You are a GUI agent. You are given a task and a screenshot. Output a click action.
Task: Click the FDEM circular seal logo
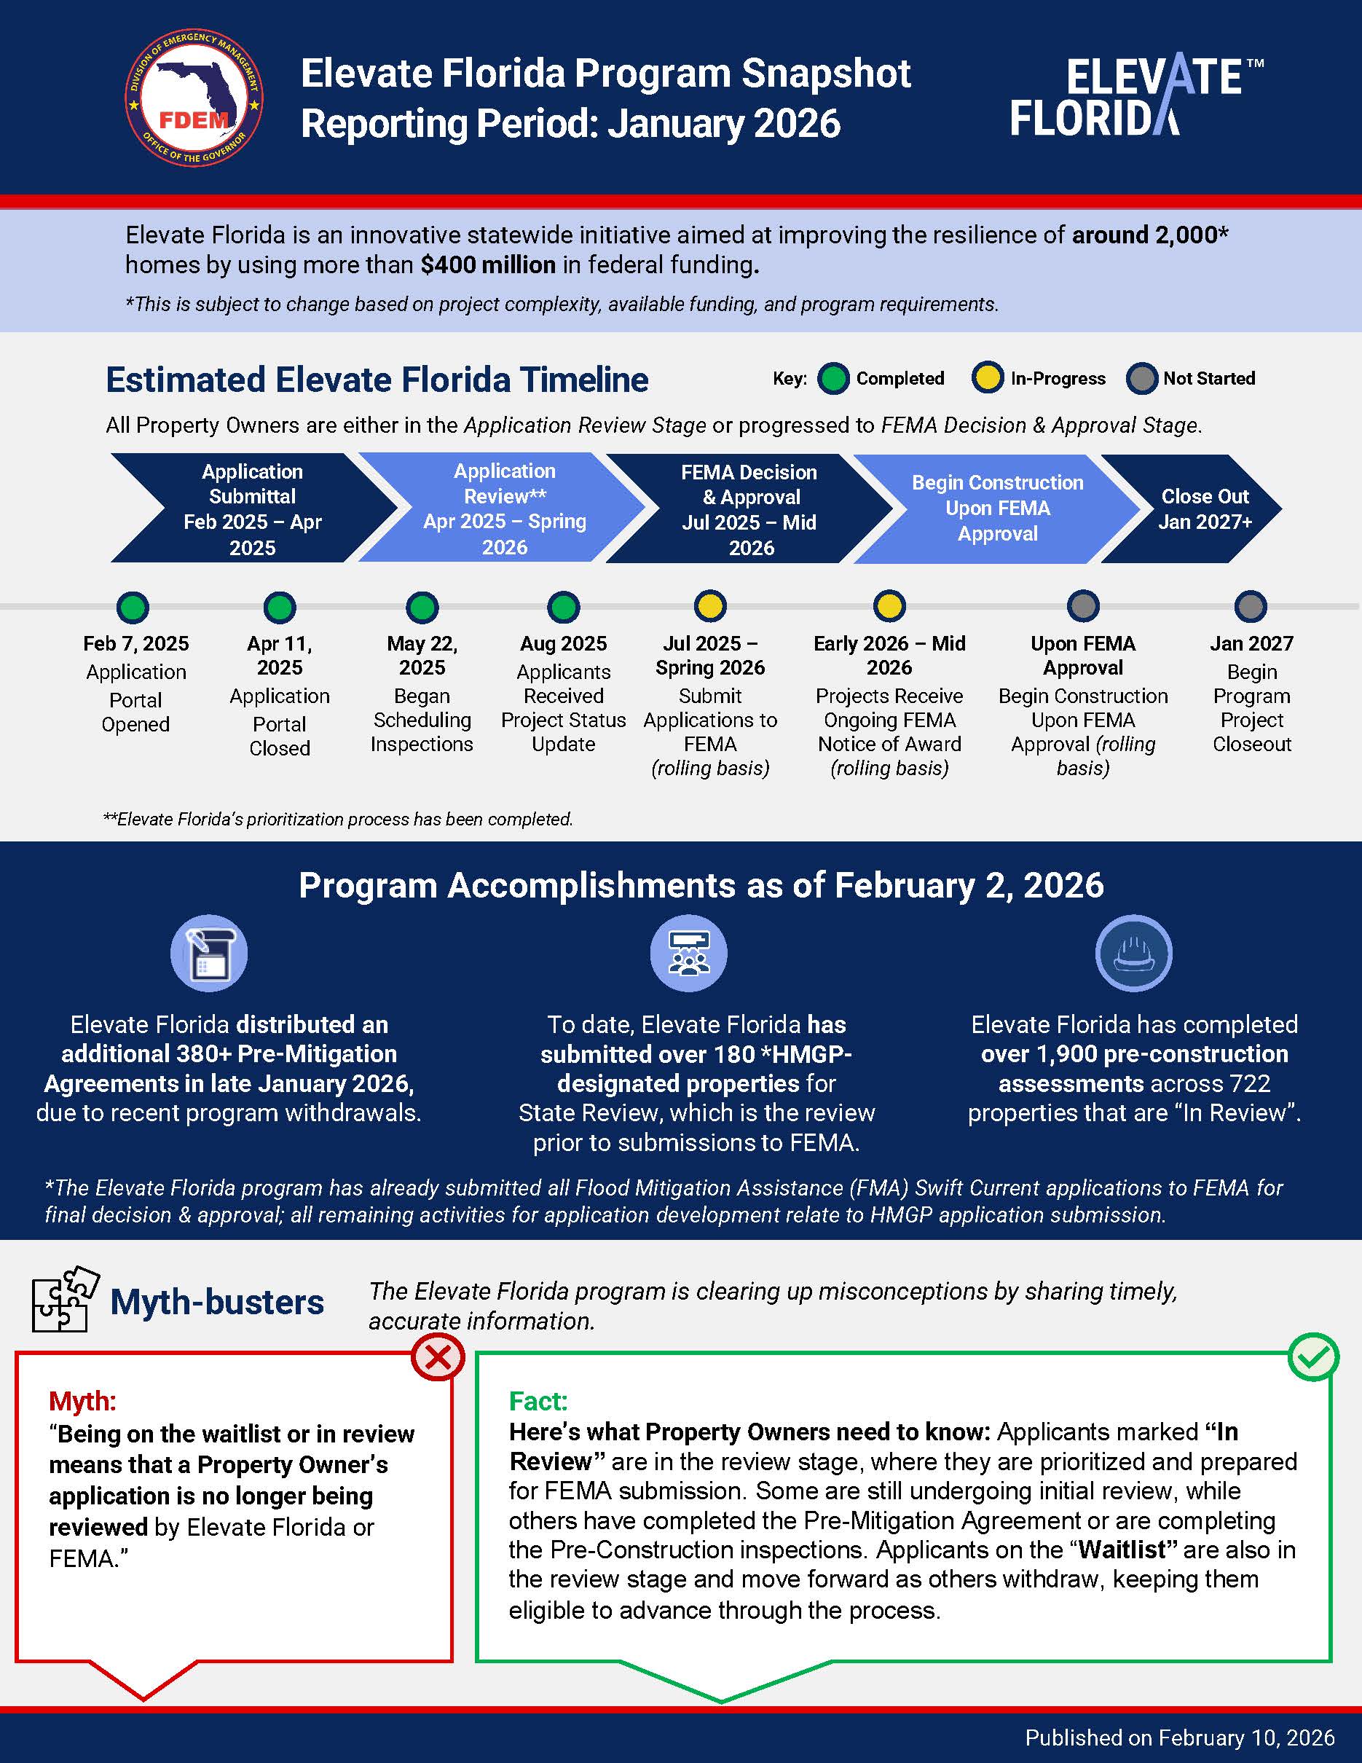pyautogui.click(x=194, y=98)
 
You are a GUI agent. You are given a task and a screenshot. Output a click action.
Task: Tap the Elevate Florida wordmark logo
pyautogui.click(x=1136, y=97)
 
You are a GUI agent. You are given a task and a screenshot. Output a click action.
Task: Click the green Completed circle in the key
pyautogui.click(x=832, y=379)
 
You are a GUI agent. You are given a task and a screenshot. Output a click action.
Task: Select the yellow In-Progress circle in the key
pyautogui.click(x=987, y=379)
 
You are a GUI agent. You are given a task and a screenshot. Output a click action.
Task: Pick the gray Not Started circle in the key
pyautogui.click(x=1141, y=379)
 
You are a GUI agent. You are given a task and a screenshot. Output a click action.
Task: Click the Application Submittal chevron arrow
pyautogui.click(x=252, y=509)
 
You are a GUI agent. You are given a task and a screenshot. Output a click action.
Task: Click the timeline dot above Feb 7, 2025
pyautogui.click(x=133, y=607)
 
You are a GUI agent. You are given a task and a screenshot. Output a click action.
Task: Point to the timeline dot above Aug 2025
pyautogui.click(x=563, y=607)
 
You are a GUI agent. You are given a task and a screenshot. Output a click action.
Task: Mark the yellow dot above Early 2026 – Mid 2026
pyautogui.click(x=889, y=606)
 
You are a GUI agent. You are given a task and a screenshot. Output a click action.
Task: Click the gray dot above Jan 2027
pyautogui.click(x=1251, y=606)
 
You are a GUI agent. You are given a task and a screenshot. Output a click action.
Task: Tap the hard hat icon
pyautogui.click(x=1133, y=954)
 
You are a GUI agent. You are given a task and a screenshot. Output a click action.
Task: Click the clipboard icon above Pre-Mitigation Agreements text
pyautogui.click(x=209, y=954)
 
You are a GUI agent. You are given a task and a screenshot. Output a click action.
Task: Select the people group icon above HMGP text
pyautogui.click(x=688, y=954)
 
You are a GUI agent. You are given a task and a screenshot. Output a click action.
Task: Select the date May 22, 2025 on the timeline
pyautogui.click(x=422, y=656)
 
